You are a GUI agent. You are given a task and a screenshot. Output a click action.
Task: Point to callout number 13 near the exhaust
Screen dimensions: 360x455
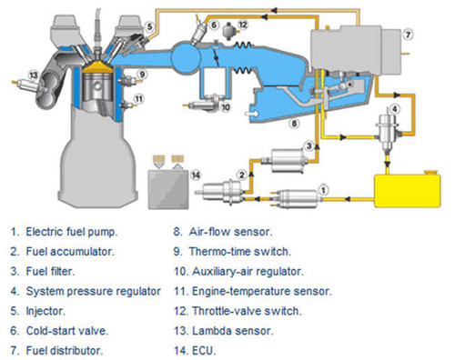(x=33, y=74)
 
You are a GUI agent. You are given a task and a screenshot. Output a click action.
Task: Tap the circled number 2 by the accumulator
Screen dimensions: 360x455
(x=242, y=174)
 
